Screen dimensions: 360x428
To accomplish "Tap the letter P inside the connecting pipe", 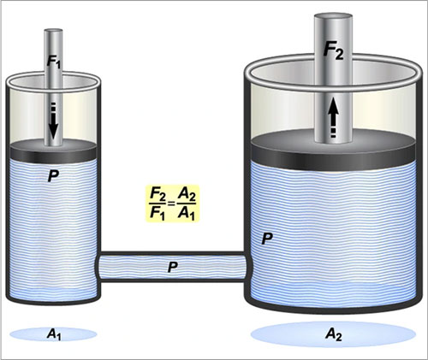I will pyautogui.click(x=173, y=267).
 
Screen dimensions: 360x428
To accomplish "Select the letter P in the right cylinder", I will pyautogui.click(x=267, y=239).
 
